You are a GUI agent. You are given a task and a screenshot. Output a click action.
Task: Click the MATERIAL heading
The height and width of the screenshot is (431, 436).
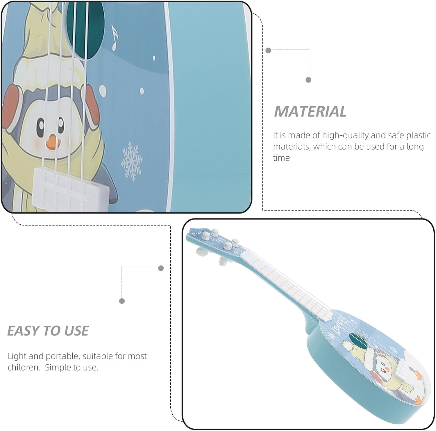[310, 111]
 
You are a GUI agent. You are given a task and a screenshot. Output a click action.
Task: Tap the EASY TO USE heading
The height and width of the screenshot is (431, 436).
[48, 331]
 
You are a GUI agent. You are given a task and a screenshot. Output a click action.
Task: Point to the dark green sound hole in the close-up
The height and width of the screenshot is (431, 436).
[85, 29]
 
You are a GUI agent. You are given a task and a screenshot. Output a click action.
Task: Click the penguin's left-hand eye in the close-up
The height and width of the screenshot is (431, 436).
[41, 125]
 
